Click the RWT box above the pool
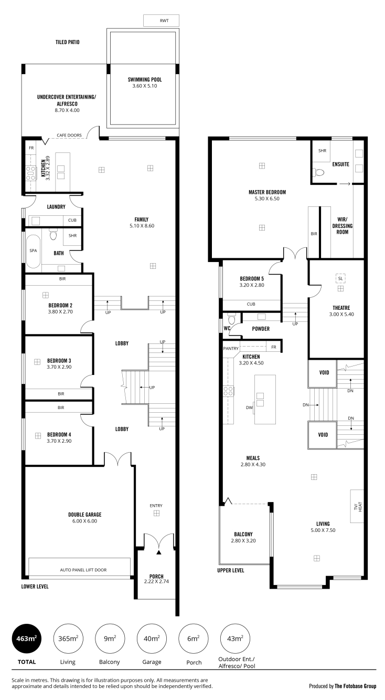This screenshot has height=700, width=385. pyautogui.click(x=161, y=20)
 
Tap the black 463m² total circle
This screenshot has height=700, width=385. pyautogui.click(x=27, y=639)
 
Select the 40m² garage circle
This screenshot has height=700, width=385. pyautogui.click(x=152, y=639)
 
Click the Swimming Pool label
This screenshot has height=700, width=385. pyautogui.click(x=145, y=79)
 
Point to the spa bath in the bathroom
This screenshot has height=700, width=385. pyautogui.click(x=33, y=251)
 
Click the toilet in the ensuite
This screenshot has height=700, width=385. pyautogui.click(x=319, y=172)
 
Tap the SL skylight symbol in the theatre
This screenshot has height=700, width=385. pyautogui.click(x=340, y=278)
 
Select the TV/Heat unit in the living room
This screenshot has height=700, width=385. pyautogui.click(x=357, y=506)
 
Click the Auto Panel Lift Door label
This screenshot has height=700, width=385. pyautogui.click(x=83, y=570)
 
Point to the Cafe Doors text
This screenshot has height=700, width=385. pyautogui.click(x=69, y=135)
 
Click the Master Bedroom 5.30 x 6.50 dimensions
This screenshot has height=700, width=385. pyautogui.click(x=267, y=198)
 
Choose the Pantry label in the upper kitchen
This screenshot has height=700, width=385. pyautogui.click(x=231, y=349)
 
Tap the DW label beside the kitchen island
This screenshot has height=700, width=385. pyautogui.click(x=249, y=408)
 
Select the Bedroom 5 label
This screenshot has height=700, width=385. pyautogui.click(x=252, y=278)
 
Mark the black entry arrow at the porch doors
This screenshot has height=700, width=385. pyautogui.click(x=159, y=552)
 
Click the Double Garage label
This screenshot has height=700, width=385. pyautogui.click(x=84, y=515)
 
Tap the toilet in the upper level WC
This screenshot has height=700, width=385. pyautogui.click(x=231, y=319)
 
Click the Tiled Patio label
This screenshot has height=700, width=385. pyautogui.click(x=68, y=42)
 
